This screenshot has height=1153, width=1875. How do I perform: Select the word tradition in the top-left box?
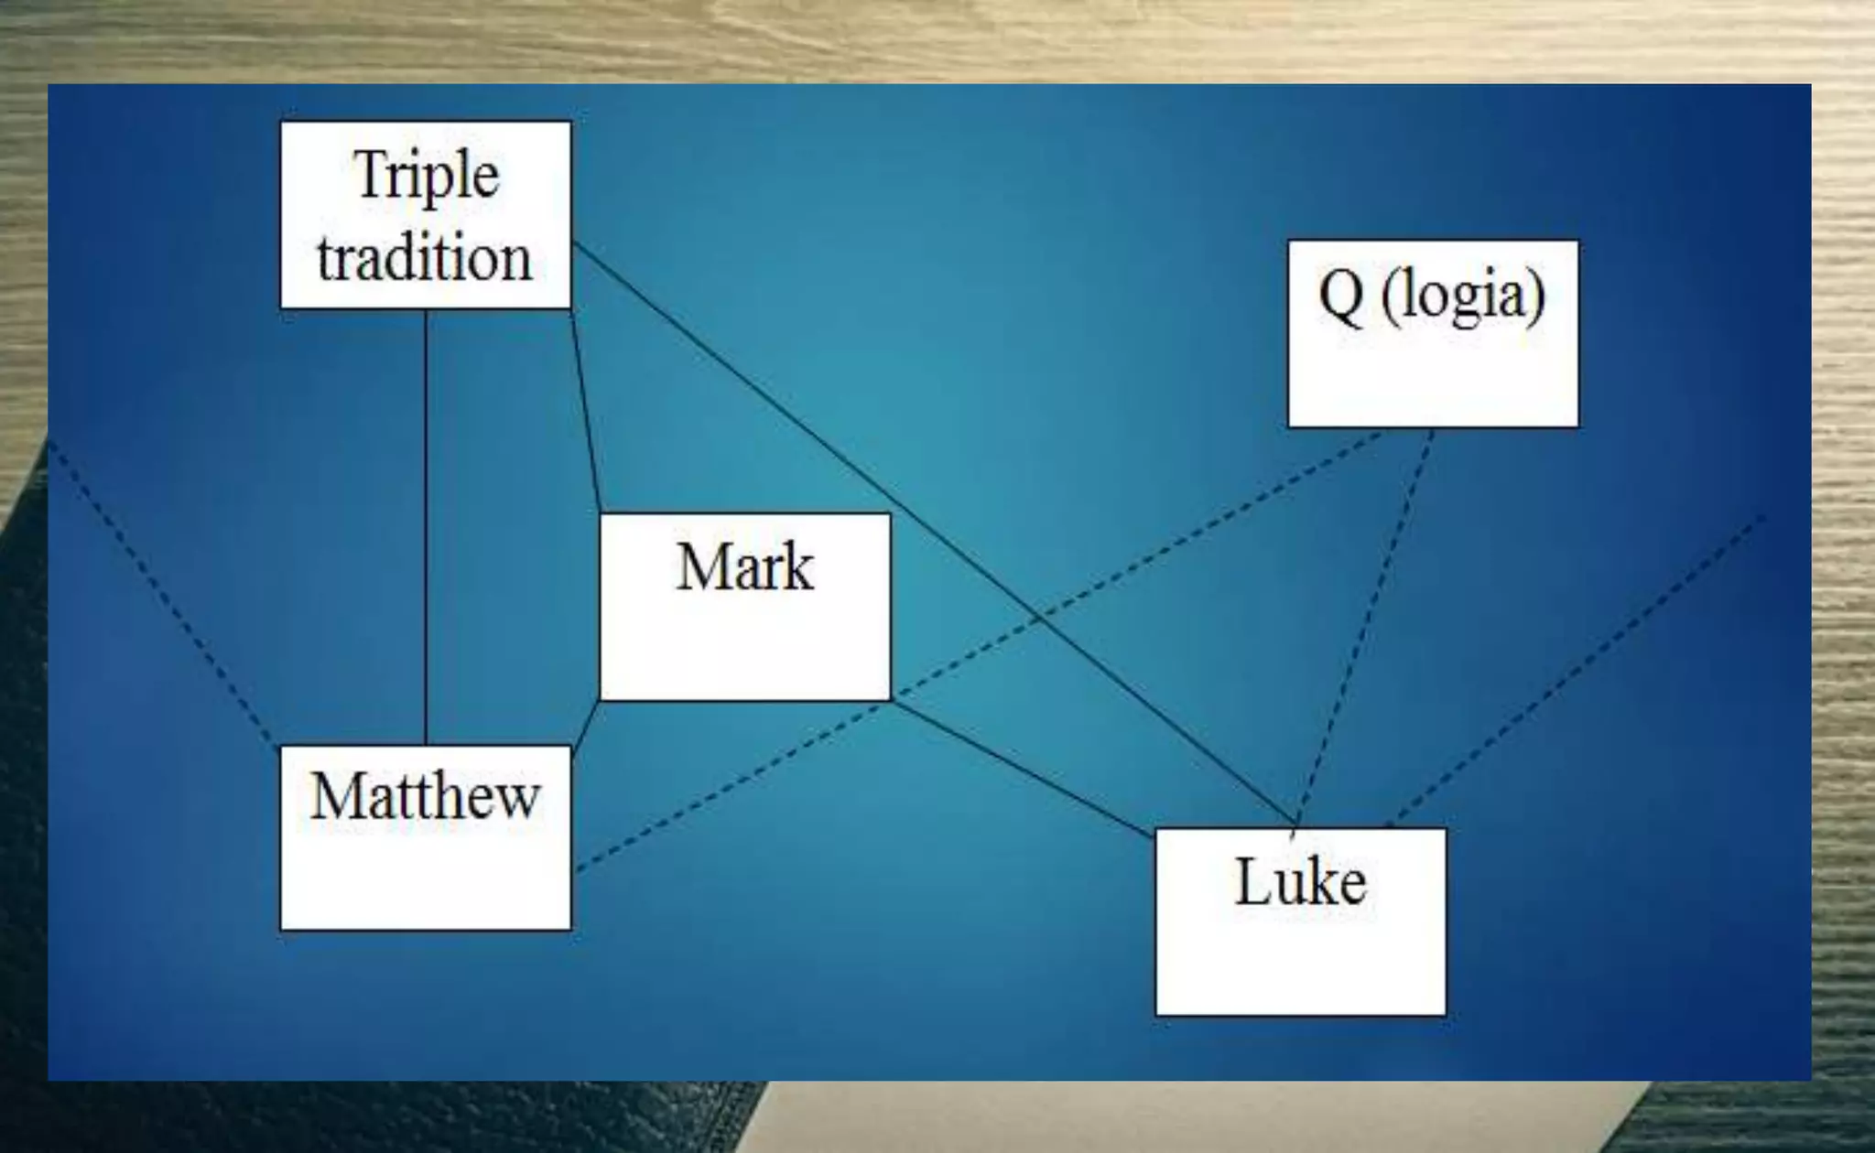[x=424, y=258]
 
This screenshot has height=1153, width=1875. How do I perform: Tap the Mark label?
[x=744, y=567]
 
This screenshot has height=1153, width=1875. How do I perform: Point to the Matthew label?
[x=425, y=796]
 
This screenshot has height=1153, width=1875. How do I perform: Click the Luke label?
[x=1300, y=882]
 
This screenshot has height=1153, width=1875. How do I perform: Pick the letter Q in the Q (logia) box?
[x=1340, y=296]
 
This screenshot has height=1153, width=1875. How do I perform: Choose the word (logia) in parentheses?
[x=1463, y=296]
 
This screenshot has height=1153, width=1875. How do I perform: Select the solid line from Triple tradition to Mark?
[x=586, y=412]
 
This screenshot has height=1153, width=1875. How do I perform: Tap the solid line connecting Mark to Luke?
[x=1021, y=769]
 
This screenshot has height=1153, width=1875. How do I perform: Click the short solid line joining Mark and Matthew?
[x=586, y=724]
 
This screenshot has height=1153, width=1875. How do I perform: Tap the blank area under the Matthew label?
[x=425, y=878]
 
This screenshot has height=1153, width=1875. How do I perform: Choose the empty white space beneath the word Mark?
[x=744, y=650]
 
